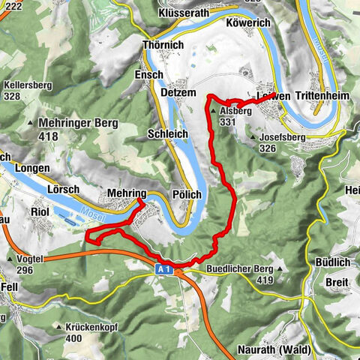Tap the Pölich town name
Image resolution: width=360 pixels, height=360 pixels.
point(187,194)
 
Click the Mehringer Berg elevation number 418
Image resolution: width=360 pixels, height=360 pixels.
point(49,136)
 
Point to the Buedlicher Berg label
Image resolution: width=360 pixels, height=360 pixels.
point(238,268)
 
